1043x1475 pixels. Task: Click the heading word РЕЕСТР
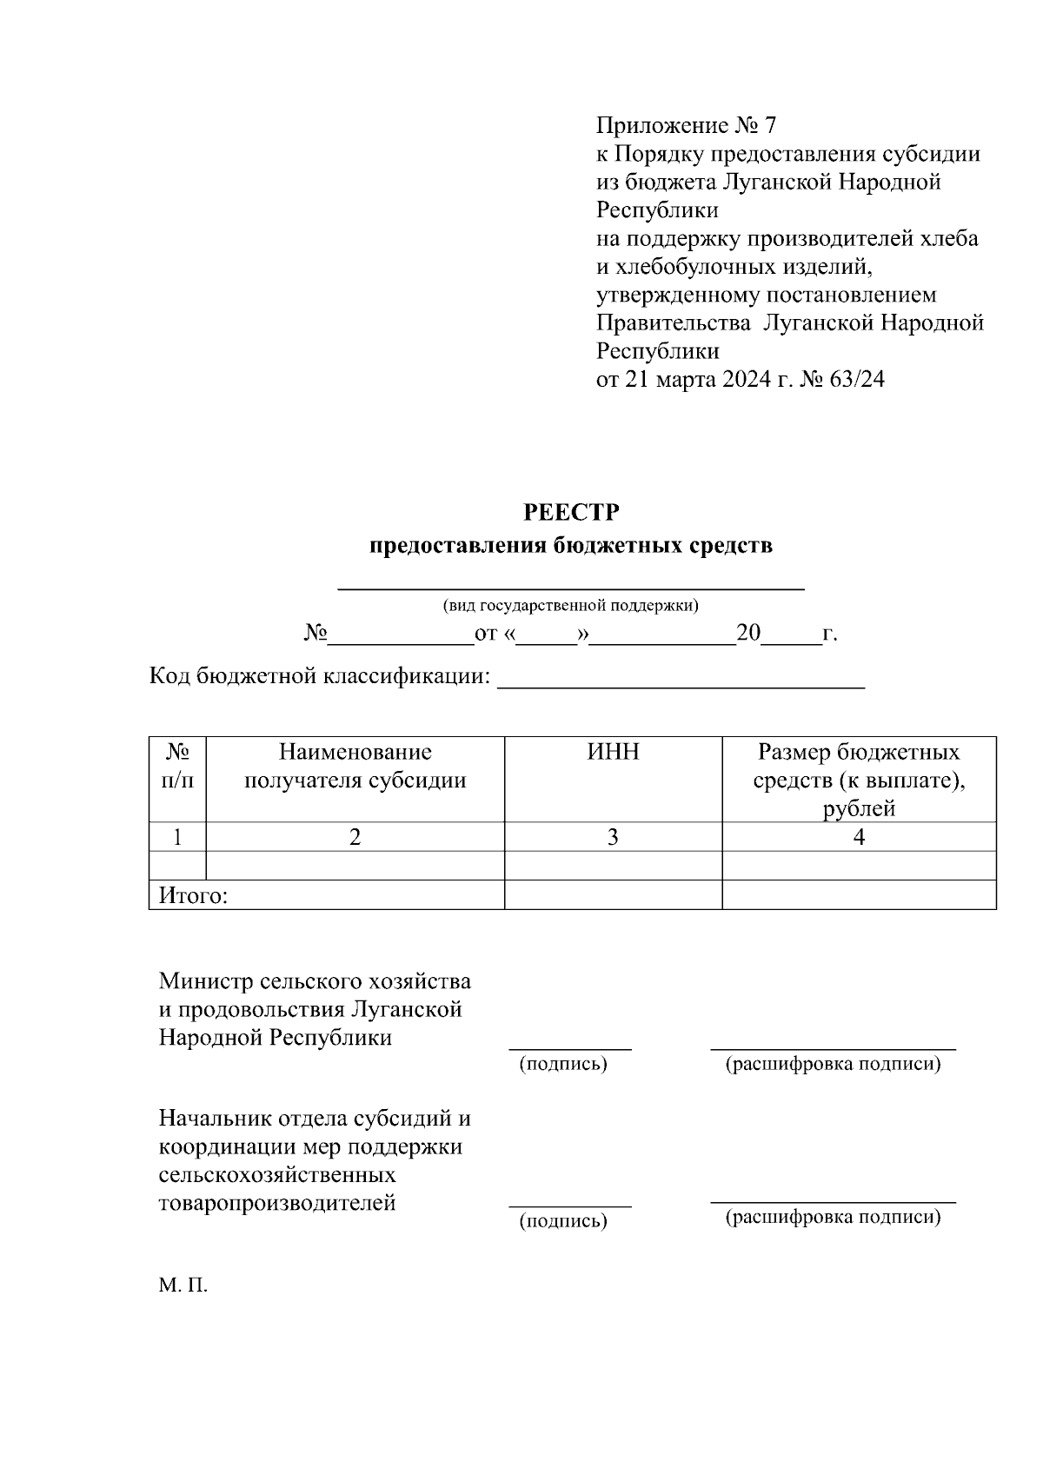coord(571,513)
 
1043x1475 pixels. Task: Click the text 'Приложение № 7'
coord(685,126)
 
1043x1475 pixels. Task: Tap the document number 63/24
coord(857,379)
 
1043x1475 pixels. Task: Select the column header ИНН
coord(613,752)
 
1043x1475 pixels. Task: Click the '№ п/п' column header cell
coord(177,766)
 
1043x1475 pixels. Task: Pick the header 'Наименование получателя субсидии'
coord(355,766)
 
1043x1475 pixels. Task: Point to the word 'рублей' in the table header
coord(859,809)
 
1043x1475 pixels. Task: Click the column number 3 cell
coord(613,837)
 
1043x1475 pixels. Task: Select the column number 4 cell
coord(859,837)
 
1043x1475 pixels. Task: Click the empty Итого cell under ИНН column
coord(613,895)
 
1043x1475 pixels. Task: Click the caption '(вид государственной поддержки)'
coord(570,606)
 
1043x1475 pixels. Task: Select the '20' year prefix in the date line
coord(747,633)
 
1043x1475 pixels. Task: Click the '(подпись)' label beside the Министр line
coord(562,1065)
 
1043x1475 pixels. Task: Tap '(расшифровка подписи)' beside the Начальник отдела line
coord(833,1217)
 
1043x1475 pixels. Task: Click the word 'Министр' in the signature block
coord(206,981)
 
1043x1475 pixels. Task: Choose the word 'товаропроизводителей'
coord(277,1203)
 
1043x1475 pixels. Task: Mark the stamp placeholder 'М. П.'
coord(183,1286)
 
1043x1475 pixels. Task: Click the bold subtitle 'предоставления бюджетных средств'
coord(570,546)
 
